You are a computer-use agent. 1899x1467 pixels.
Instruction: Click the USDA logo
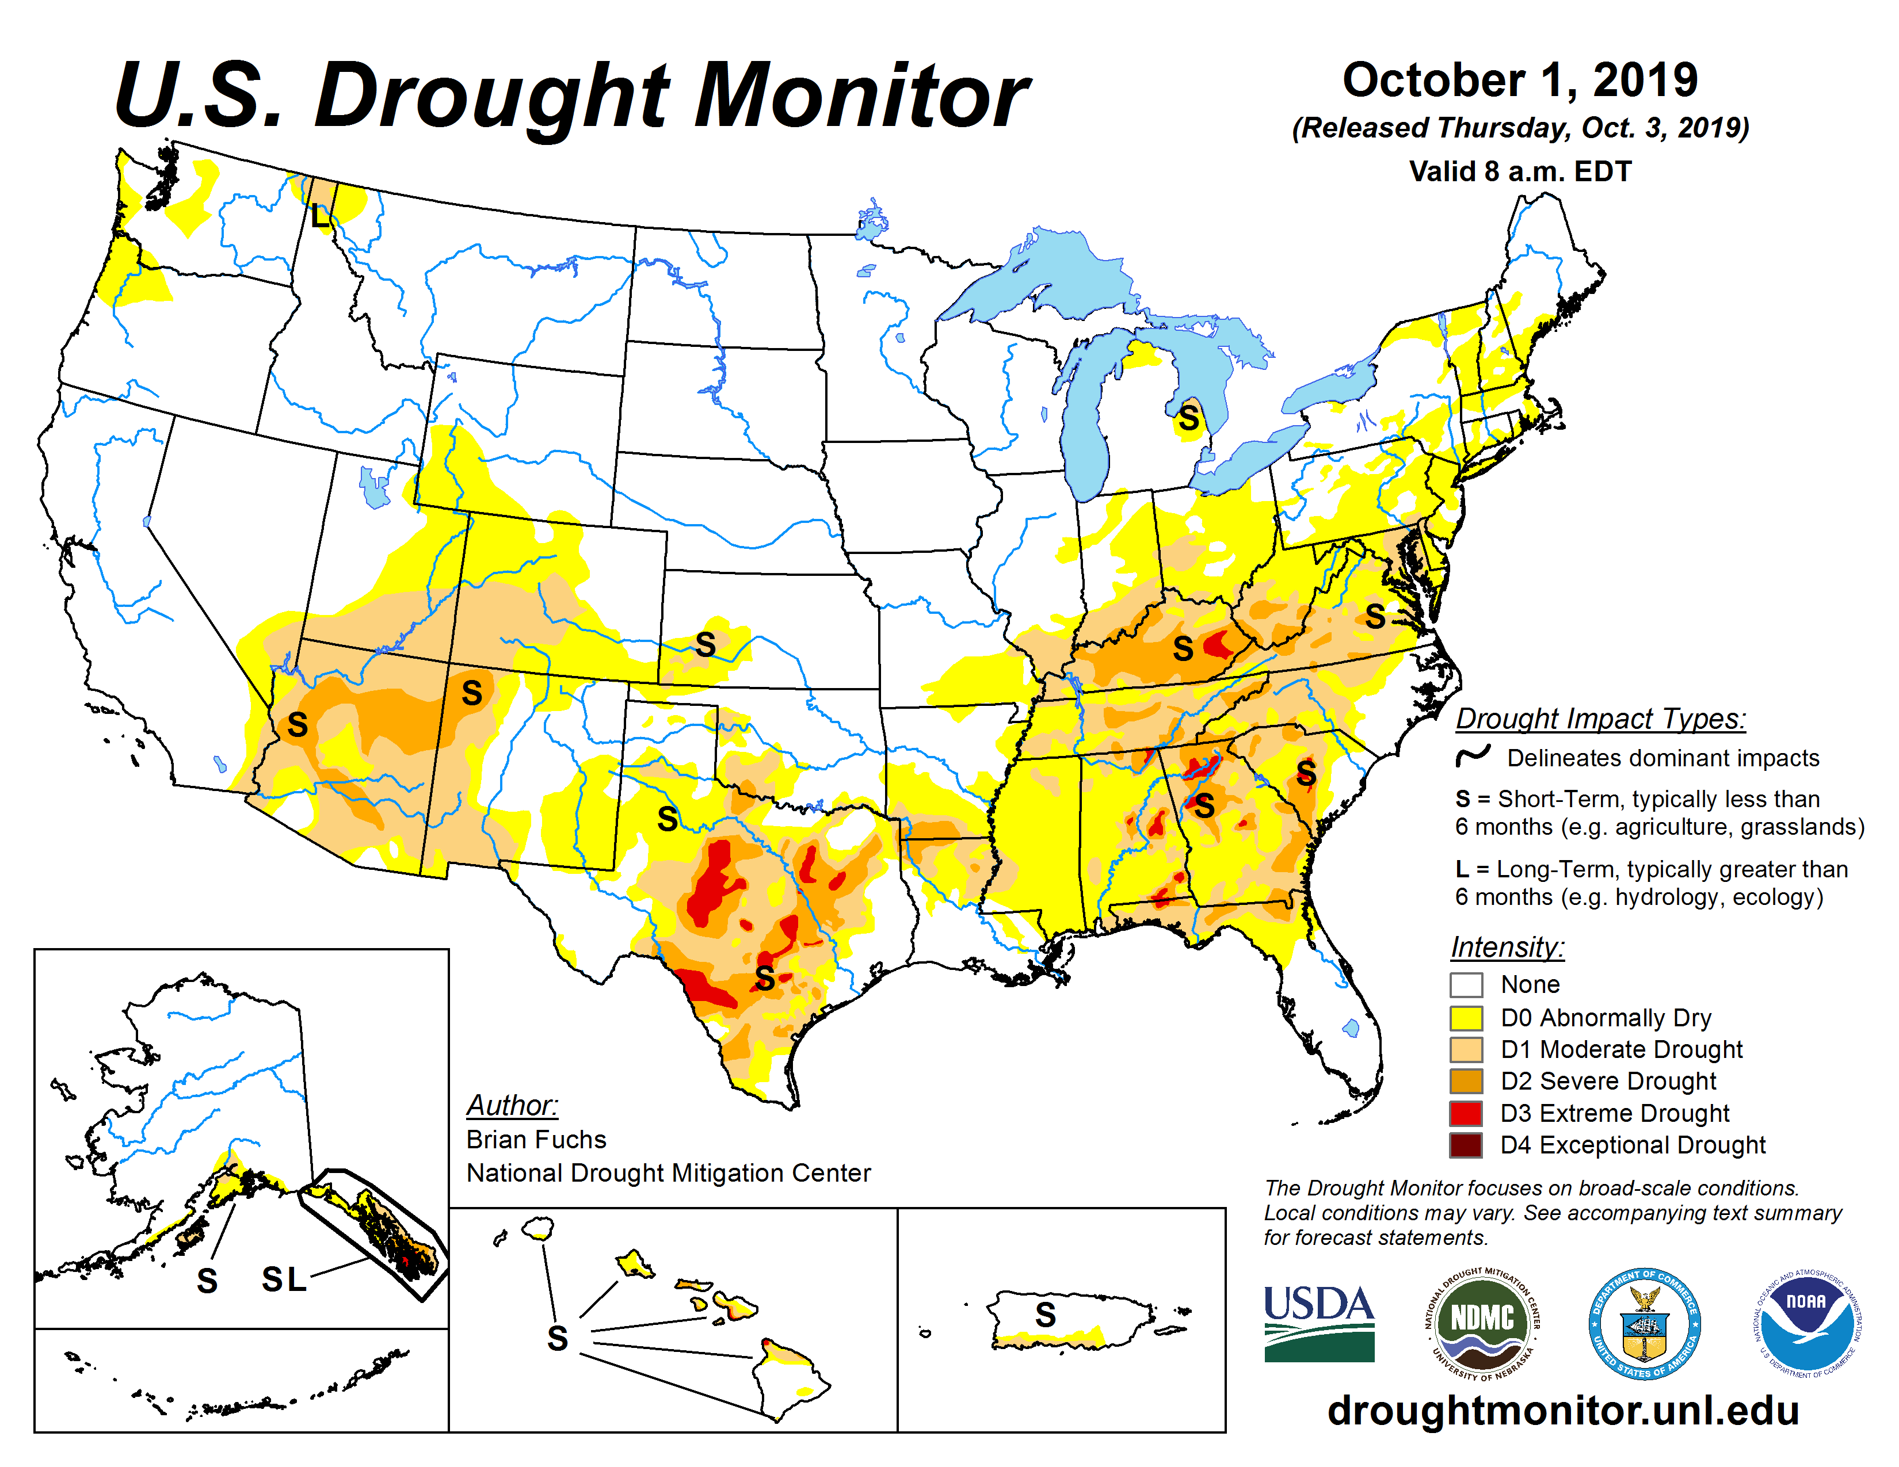(x=1318, y=1323)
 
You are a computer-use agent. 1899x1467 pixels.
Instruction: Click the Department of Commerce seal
(x=1644, y=1323)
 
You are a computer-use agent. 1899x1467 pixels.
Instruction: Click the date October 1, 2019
(x=1520, y=80)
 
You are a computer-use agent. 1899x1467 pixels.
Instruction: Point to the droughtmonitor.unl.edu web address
(x=1562, y=1409)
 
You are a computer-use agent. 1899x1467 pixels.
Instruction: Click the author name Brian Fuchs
(x=536, y=1139)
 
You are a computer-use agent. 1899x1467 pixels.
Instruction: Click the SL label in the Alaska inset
(x=284, y=1279)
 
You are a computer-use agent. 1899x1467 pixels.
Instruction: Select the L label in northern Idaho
(x=320, y=215)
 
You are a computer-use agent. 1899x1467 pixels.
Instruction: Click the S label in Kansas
(x=705, y=645)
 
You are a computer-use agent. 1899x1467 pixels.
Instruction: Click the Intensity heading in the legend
(x=1507, y=946)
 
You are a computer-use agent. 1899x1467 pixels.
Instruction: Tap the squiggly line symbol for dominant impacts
(x=1473, y=756)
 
